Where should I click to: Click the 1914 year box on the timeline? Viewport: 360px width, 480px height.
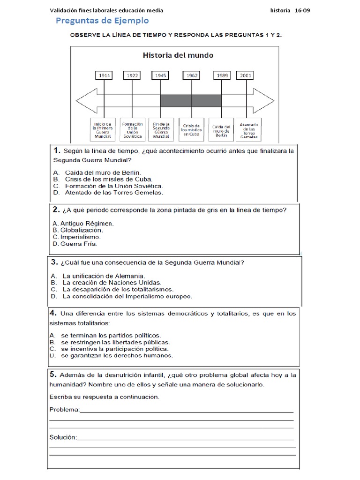tap(104, 75)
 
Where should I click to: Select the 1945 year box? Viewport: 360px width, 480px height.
tap(161, 75)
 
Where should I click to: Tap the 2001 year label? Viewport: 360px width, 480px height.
tap(246, 75)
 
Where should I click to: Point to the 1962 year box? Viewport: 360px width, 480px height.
tap(191, 75)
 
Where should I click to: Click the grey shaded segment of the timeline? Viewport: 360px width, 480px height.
tap(191, 100)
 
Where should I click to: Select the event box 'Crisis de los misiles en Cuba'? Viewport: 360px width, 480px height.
tap(191, 130)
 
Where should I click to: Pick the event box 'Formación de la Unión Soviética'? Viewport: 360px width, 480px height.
tap(132, 130)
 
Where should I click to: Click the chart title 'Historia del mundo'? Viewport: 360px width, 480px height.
tap(178, 55)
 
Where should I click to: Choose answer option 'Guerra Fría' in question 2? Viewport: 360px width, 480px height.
tap(75, 244)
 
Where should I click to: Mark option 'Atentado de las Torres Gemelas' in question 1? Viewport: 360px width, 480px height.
tap(113, 192)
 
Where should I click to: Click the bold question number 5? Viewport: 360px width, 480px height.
tap(53, 374)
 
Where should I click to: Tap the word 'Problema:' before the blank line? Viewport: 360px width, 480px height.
tap(65, 410)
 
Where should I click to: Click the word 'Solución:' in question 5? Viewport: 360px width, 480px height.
tap(63, 437)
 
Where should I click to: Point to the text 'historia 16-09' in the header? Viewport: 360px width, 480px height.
tap(290, 11)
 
